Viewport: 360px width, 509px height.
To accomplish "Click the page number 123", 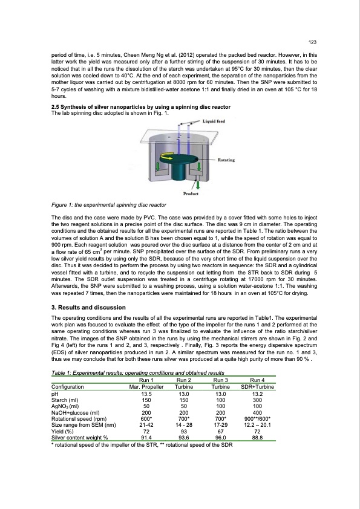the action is (x=312, y=42).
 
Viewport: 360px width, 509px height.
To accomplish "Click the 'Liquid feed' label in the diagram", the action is (x=214, y=121).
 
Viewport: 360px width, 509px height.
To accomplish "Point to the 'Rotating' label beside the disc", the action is (x=226, y=160).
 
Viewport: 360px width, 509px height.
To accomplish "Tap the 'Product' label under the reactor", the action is (x=191, y=194).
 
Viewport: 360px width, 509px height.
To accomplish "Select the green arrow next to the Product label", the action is (x=197, y=185).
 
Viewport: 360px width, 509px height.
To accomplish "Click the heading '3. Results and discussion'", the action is (x=88, y=308).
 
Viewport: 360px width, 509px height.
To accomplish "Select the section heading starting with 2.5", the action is (x=141, y=107).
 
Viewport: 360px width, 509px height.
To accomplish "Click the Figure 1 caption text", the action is (x=109, y=205).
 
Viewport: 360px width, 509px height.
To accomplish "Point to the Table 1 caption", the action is (x=138, y=372).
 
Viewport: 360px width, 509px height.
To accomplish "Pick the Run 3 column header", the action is (x=221, y=380).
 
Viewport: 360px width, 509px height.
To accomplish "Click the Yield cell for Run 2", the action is (x=184, y=432).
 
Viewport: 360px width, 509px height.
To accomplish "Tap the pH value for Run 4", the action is (x=257, y=394).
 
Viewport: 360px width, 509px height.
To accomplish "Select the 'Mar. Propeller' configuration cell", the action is (x=146, y=387).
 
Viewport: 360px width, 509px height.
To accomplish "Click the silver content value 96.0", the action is (x=221, y=438).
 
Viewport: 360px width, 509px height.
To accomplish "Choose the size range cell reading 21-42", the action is (x=146, y=425).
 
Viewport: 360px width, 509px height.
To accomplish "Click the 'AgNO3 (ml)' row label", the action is (x=65, y=406).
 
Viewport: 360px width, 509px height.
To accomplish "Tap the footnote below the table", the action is (x=142, y=445).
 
